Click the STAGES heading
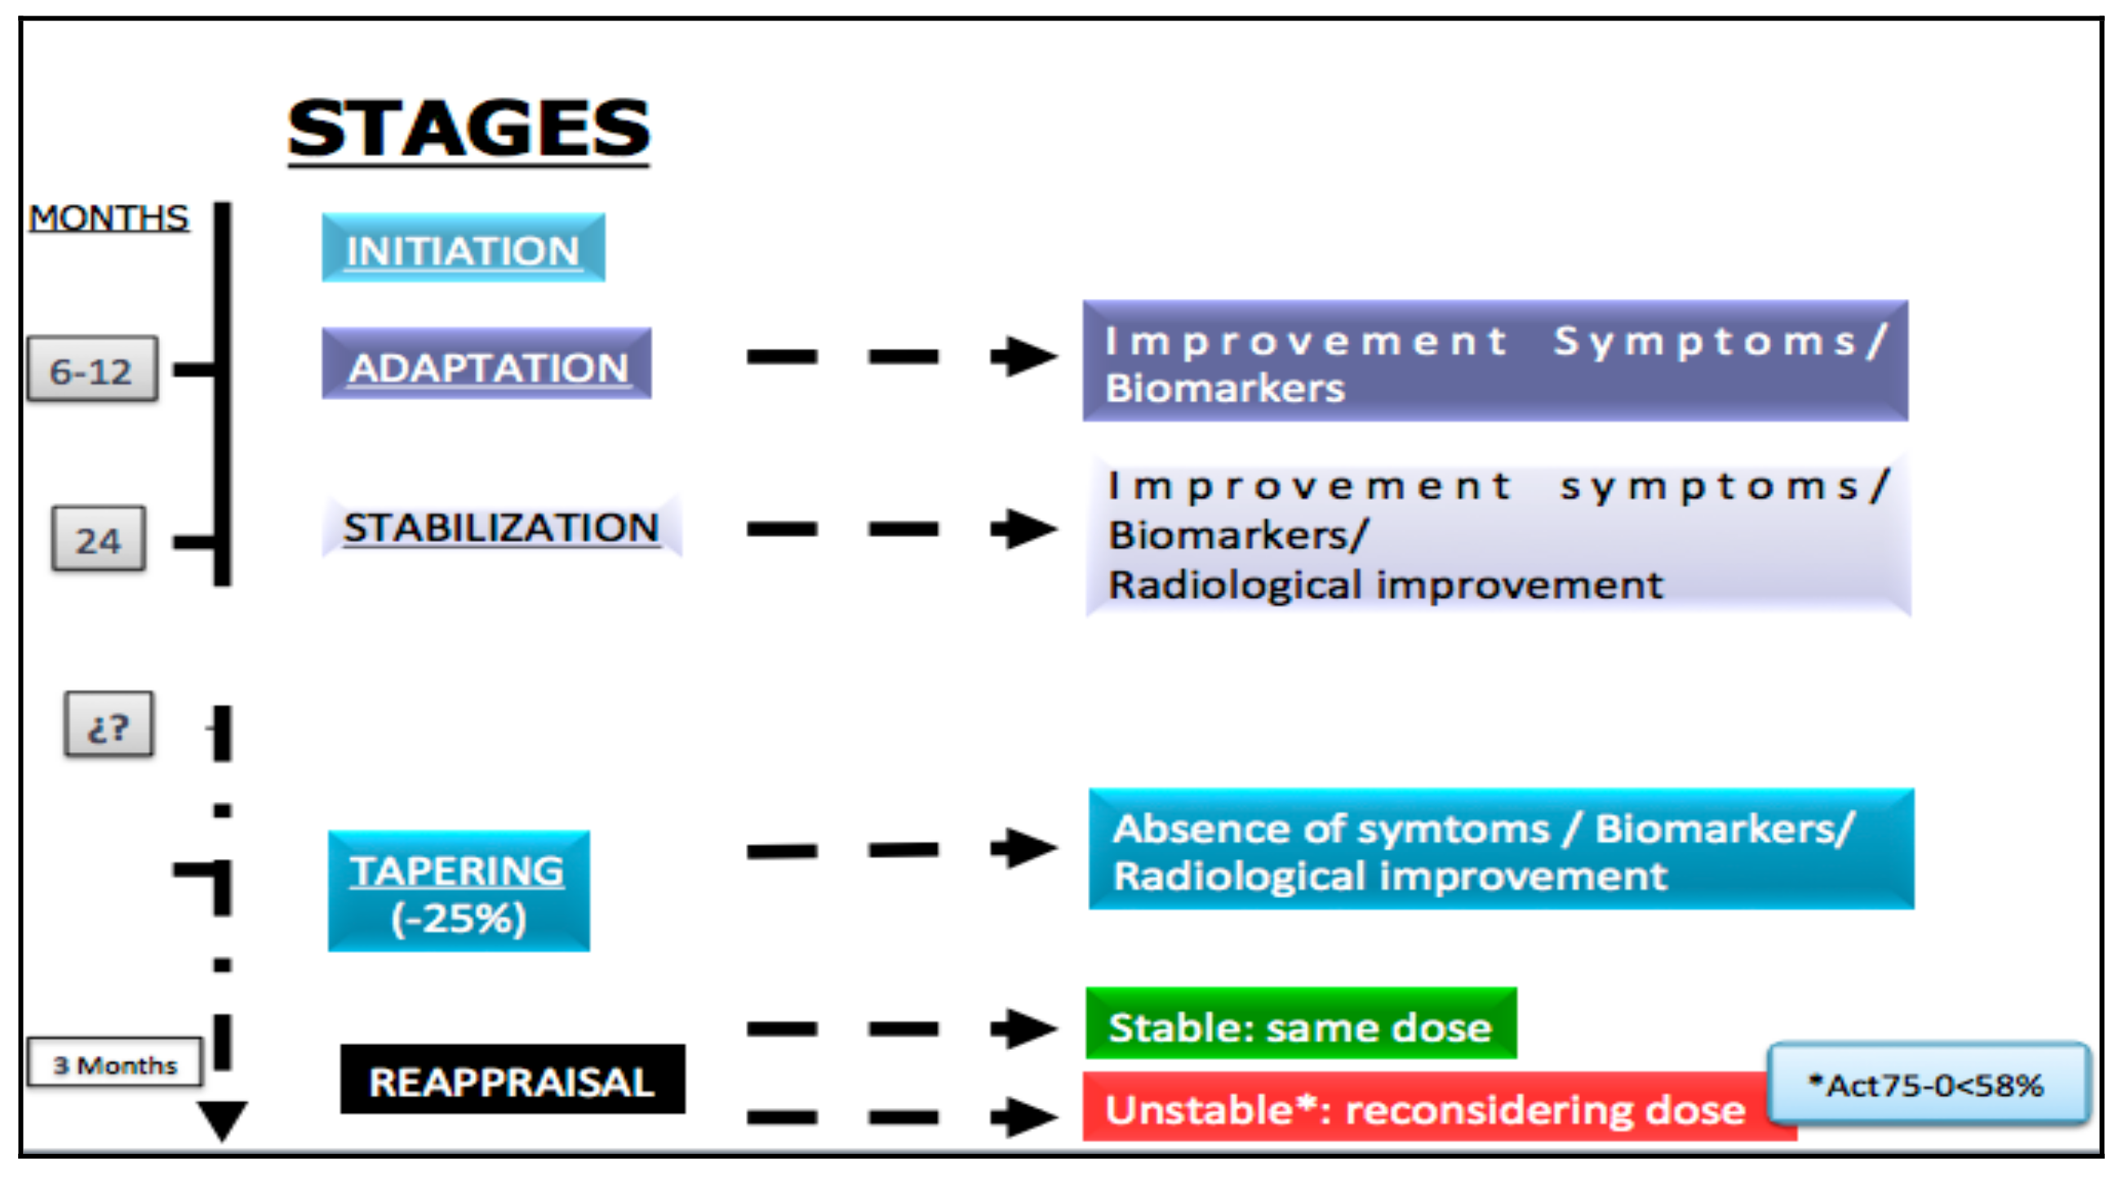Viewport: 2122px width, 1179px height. pos(468,128)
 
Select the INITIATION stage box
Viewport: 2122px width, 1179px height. pos(463,248)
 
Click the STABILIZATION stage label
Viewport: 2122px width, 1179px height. pos(501,527)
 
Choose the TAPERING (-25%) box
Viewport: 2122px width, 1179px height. pos(459,892)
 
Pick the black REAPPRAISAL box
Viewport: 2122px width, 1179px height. pos(513,1079)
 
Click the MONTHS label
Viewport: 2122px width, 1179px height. pos(109,217)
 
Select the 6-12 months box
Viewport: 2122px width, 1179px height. pos(92,369)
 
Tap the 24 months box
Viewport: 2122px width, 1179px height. pos(99,539)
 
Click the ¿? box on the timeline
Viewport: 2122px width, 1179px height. pos(109,724)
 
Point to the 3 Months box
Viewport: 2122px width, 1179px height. pos(114,1062)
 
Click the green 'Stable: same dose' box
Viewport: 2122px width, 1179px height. pos(1301,1023)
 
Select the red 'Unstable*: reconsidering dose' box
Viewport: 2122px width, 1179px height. pos(1439,1106)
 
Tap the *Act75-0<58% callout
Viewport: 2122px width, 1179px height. pos(1928,1083)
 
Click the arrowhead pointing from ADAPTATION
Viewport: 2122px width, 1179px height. pos(1025,356)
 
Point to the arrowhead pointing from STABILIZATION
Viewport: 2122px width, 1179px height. pos(1025,528)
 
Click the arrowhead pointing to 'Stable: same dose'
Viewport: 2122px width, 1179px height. pos(1025,1027)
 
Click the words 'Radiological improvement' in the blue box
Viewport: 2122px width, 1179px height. pos(1390,876)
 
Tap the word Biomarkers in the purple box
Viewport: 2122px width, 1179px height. pos(1225,388)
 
